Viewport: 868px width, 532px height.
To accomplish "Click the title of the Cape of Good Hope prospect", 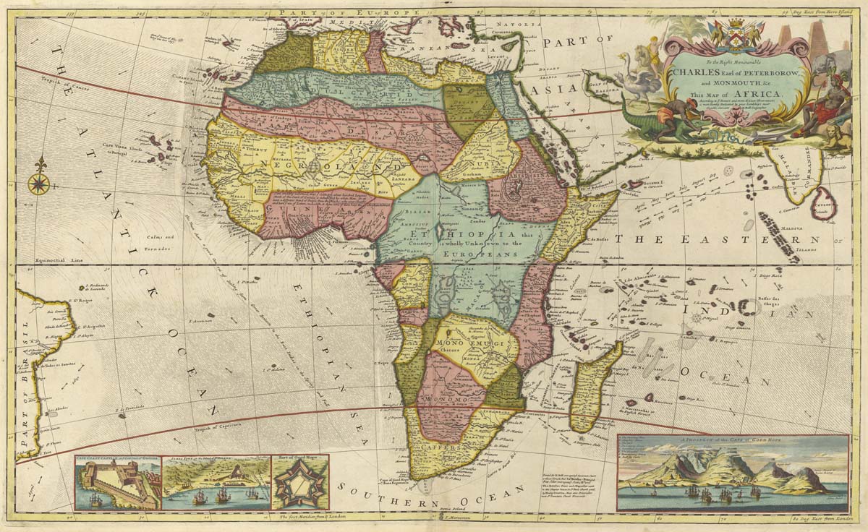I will [x=732, y=439].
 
